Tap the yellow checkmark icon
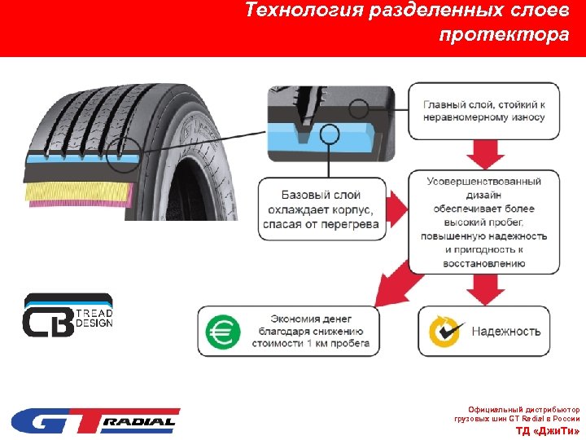click(x=447, y=331)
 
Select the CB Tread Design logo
click(x=68, y=315)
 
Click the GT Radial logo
click(x=95, y=421)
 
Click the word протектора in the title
click(x=504, y=35)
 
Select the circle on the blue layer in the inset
click(x=330, y=134)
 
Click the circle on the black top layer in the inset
click(x=358, y=108)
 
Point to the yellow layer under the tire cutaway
click(x=77, y=194)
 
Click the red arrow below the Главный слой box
click(x=488, y=151)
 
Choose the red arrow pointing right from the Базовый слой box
click(x=396, y=209)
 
